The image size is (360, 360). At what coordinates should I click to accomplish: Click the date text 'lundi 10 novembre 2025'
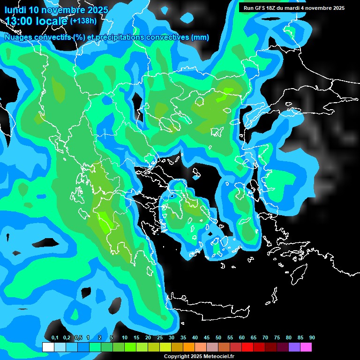tap(56, 10)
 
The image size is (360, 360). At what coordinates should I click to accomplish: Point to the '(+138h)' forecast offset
tap(83, 21)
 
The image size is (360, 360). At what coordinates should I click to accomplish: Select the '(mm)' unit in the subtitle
tap(200, 37)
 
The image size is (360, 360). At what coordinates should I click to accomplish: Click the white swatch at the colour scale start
tap(48, 347)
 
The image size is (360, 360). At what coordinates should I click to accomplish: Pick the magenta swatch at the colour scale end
tap(306, 347)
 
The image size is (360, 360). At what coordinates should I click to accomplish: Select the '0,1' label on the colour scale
tap(55, 338)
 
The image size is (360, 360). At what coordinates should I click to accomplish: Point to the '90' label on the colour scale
tap(312, 338)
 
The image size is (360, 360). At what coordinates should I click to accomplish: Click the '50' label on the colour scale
tap(218, 338)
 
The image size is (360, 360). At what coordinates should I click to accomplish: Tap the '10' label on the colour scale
tap(125, 338)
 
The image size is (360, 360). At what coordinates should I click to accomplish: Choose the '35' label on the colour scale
tap(183, 338)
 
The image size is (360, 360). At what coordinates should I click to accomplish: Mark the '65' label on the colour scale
tap(254, 338)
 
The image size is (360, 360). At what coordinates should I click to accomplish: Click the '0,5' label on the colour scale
tap(78, 338)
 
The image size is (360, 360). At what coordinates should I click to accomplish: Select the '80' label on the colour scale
tap(289, 338)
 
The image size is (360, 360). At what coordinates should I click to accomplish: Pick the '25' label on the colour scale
tap(160, 338)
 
